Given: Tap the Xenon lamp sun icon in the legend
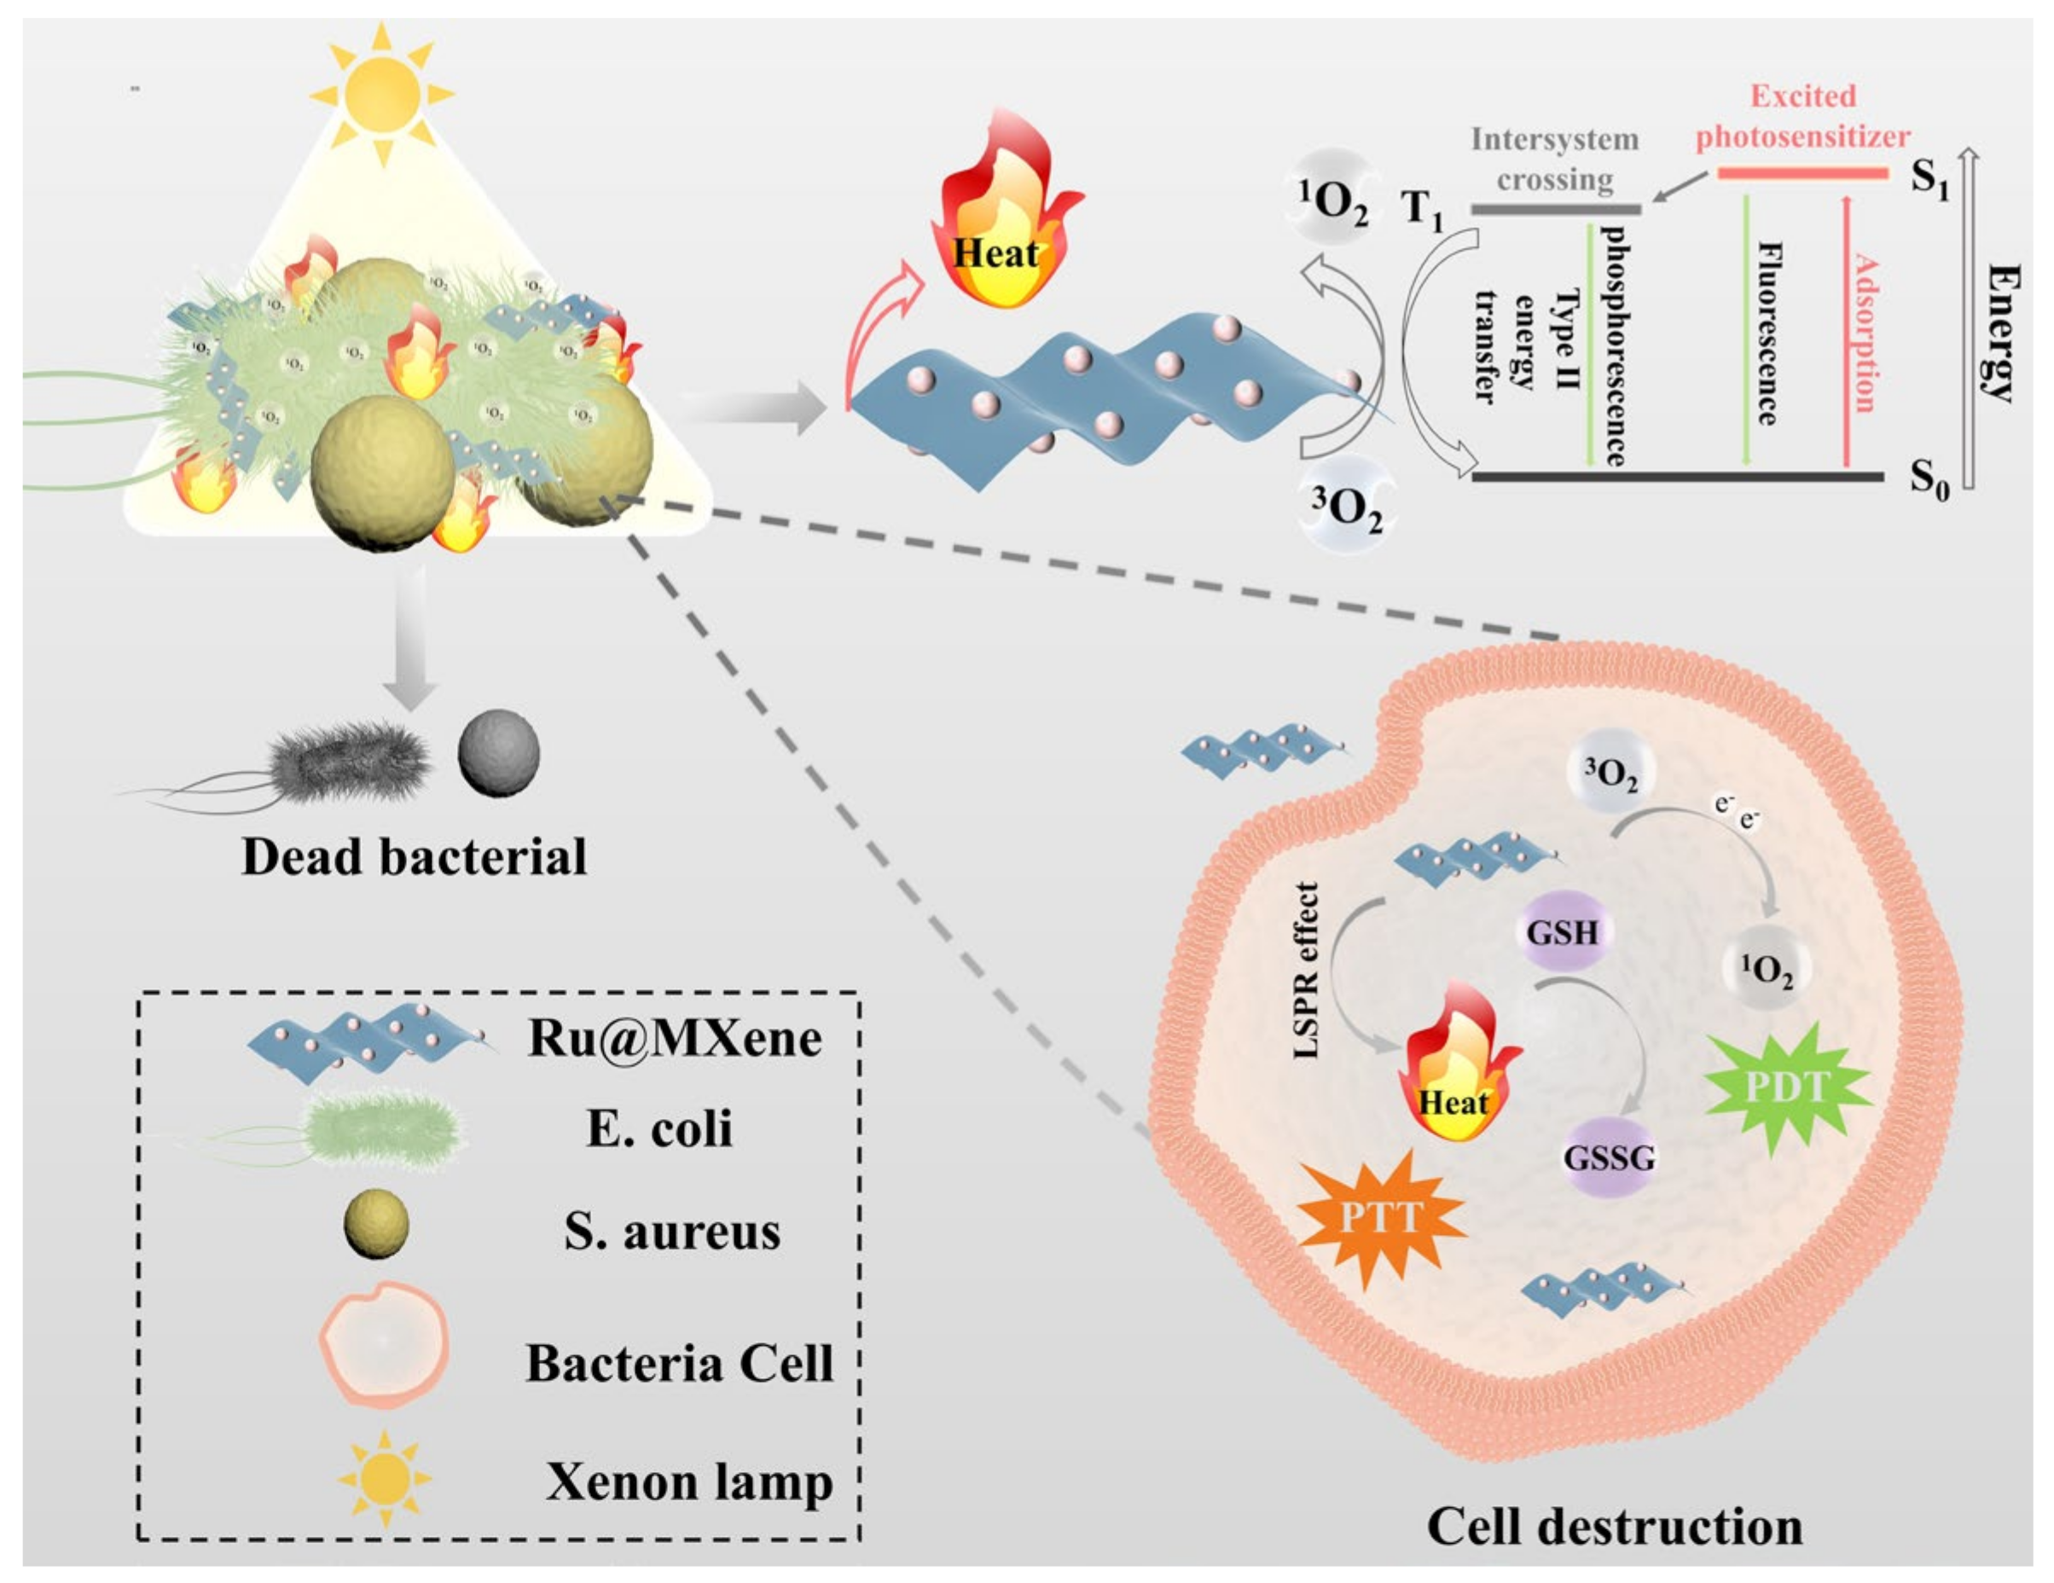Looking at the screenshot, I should coord(384,1480).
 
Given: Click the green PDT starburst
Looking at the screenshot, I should coord(1784,1088).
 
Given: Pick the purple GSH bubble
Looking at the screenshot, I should coord(1562,932).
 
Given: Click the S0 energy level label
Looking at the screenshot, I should coord(1929,478).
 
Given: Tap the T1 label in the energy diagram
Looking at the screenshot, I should coord(1422,208).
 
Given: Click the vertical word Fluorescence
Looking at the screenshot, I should coord(1769,333).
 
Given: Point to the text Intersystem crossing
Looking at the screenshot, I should coord(1555,159).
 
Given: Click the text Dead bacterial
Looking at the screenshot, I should coord(414,857).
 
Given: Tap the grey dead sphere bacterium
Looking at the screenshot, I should coord(498,753).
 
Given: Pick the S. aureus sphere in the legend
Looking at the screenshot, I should coord(376,1224).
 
